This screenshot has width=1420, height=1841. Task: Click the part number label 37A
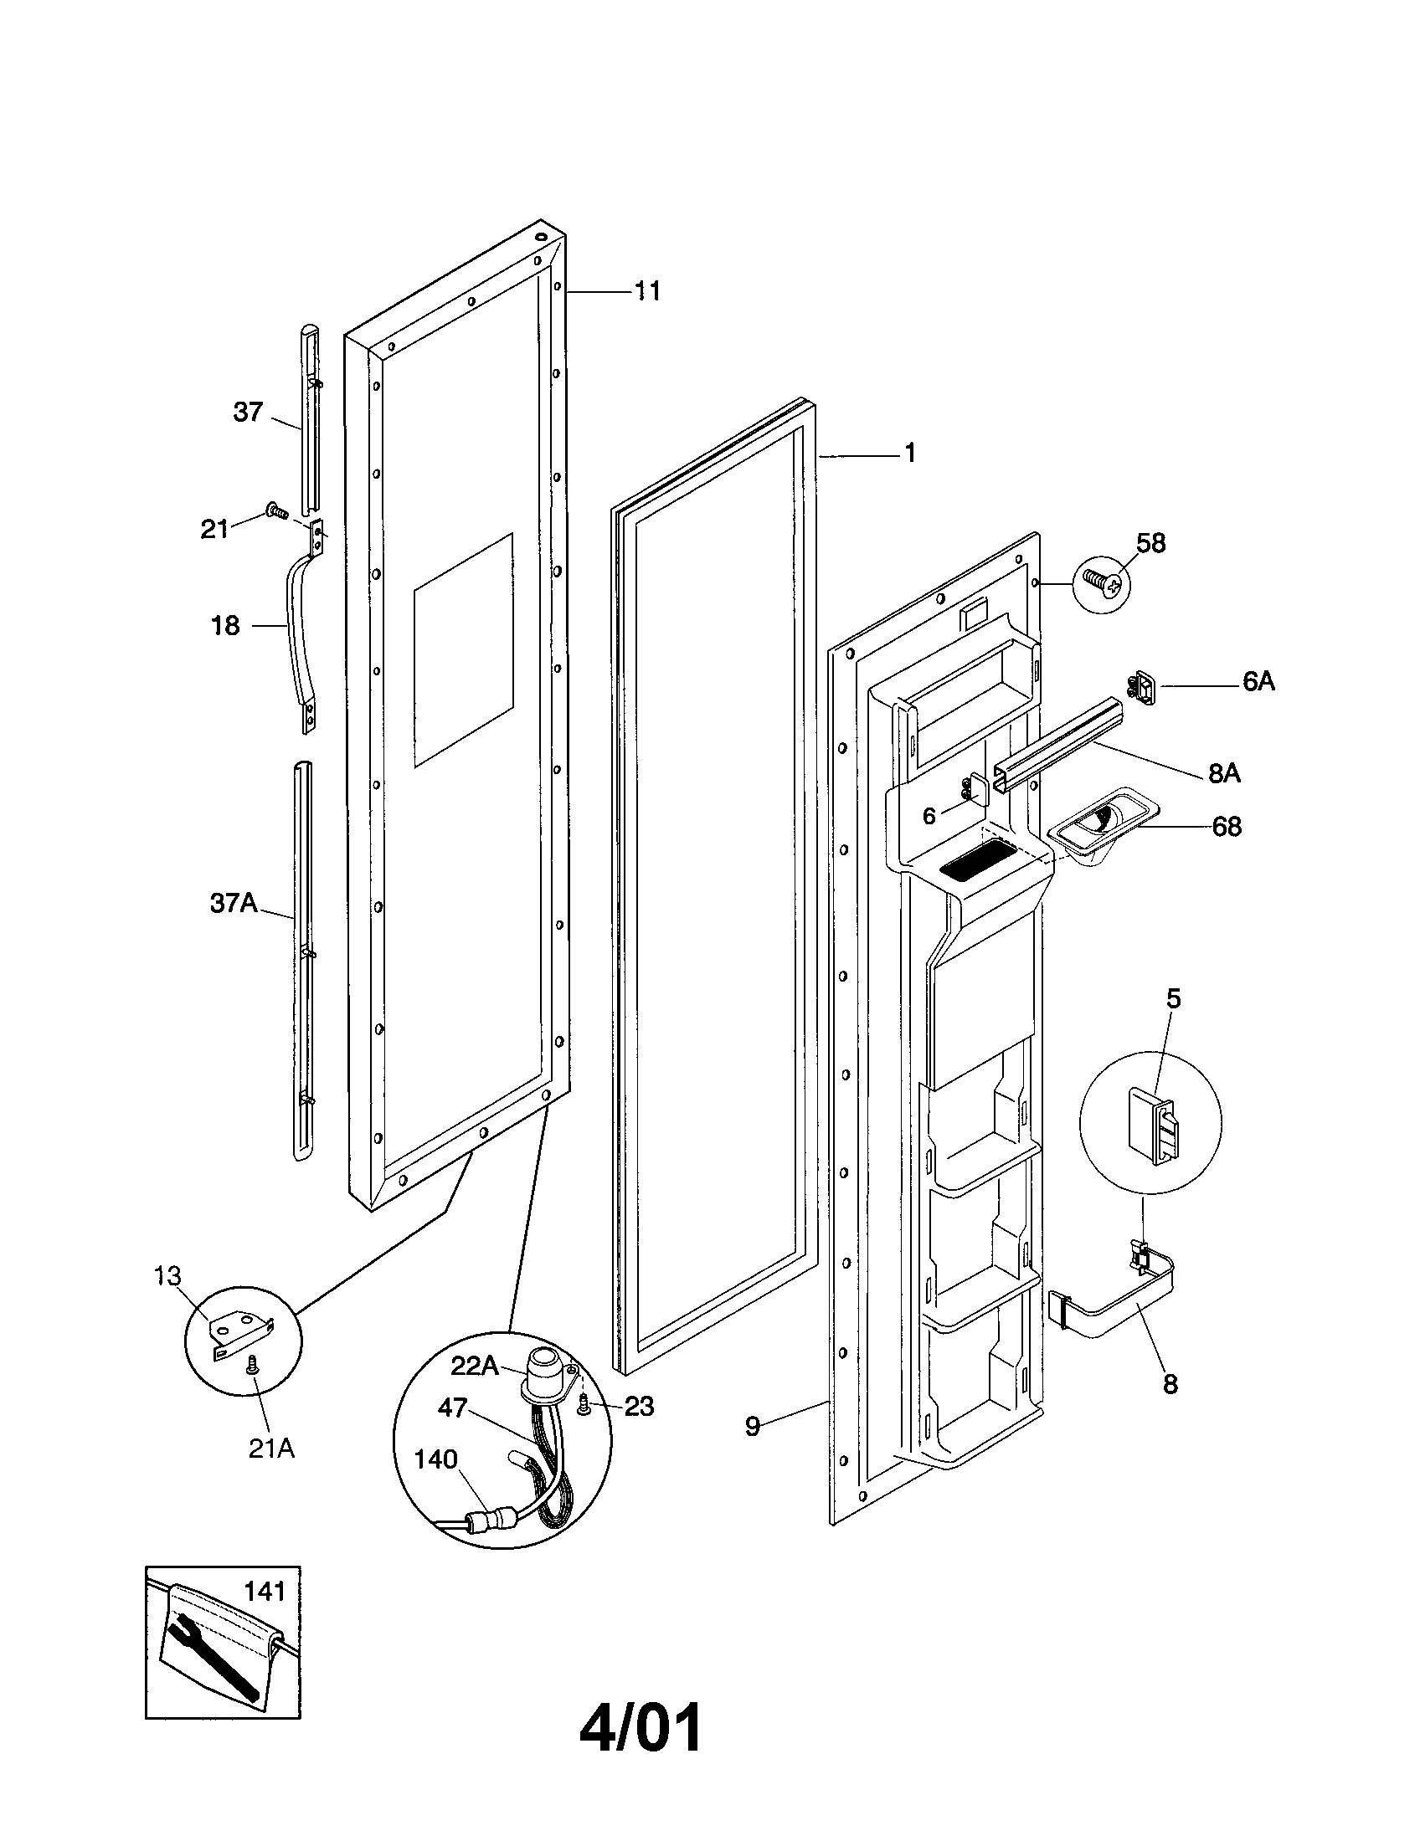tap(233, 904)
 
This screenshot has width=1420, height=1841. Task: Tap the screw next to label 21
tap(275, 509)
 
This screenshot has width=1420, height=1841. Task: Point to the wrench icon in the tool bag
tap(211, 1657)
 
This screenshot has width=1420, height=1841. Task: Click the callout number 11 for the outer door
tap(646, 292)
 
